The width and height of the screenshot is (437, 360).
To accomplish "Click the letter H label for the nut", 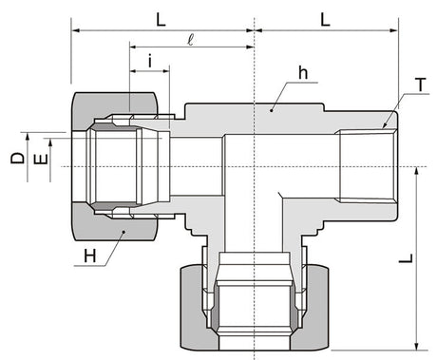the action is pyautogui.click(x=90, y=256).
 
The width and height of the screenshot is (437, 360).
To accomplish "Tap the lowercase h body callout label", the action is pyautogui.click(x=303, y=72).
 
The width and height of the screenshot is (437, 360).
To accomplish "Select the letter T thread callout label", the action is pyautogui.click(x=421, y=85).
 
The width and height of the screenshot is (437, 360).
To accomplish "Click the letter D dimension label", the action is pyautogui.click(x=17, y=158).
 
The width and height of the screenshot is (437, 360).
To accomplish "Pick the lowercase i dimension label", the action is pyautogui.click(x=150, y=61).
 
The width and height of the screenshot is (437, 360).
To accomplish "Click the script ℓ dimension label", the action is pyautogui.click(x=190, y=40).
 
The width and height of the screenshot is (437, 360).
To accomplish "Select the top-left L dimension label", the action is pyautogui.click(x=161, y=20).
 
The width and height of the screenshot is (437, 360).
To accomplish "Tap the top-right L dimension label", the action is pyautogui.click(x=325, y=20).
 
